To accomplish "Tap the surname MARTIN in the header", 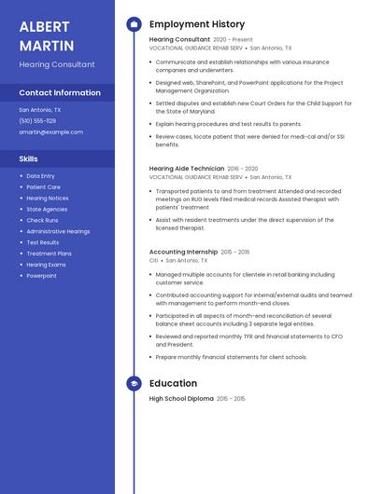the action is coord(44,45).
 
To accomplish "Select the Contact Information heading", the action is coord(60,93).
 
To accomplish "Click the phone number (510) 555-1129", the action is coord(37,121).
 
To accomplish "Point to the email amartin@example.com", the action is coord(51,132).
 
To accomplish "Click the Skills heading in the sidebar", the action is coord(29,159).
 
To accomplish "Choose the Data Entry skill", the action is coord(40,176).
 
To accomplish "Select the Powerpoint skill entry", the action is coord(41,276).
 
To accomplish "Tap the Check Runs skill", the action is coord(42,220).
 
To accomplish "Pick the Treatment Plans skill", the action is coord(49,254).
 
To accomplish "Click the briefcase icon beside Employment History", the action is coord(134,24).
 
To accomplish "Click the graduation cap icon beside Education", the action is coord(134,383).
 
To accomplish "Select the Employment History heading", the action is coord(197,24).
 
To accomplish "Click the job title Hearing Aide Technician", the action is coord(187,169).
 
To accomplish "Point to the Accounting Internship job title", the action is coord(184,252).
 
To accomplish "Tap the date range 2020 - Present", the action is coord(233,40).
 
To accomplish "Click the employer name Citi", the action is coord(154,261).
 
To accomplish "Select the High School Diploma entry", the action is coord(181,399).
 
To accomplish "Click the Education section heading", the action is coord(173,383).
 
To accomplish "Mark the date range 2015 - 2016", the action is coord(235,252).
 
